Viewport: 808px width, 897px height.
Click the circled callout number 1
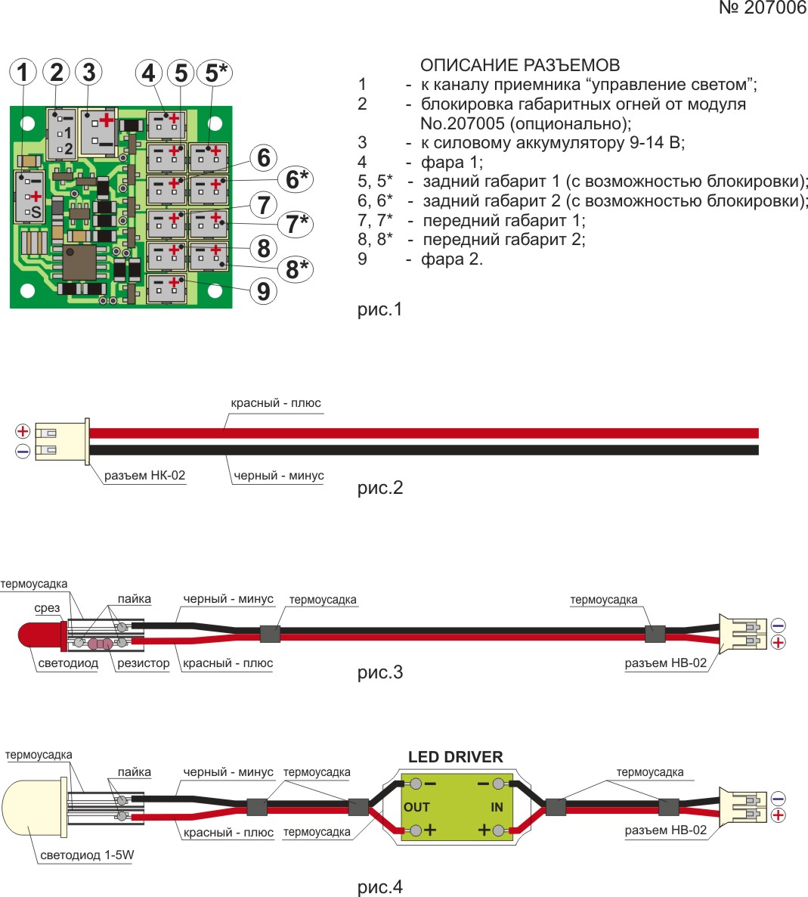pos(23,73)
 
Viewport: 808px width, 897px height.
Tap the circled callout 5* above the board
pos(214,73)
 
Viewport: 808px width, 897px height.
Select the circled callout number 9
pos(263,290)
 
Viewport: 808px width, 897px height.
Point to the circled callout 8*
pos(296,269)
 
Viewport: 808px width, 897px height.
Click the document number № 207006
pos(762,8)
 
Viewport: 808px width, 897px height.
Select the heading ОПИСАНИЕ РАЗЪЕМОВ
pos(520,65)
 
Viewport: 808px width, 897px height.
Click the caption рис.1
pos(380,309)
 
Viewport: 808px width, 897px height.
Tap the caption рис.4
pos(380,886)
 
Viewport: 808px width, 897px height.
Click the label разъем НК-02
pos(144,476)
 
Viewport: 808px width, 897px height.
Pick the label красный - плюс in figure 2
pos(276,403)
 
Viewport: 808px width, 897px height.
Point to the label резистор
pos(144,663)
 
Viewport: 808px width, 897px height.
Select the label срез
pos(48,608)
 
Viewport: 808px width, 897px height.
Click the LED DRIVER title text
pos(455,757)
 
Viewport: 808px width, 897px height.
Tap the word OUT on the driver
pos(416,807)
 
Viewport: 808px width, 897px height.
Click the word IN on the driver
pos(497,807)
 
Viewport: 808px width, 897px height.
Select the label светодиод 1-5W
pos(87,855)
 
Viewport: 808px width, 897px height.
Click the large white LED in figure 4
pos(30,807)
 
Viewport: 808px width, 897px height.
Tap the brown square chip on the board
pos(79,262)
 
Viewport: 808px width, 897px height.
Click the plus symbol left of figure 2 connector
pos(23,432)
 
